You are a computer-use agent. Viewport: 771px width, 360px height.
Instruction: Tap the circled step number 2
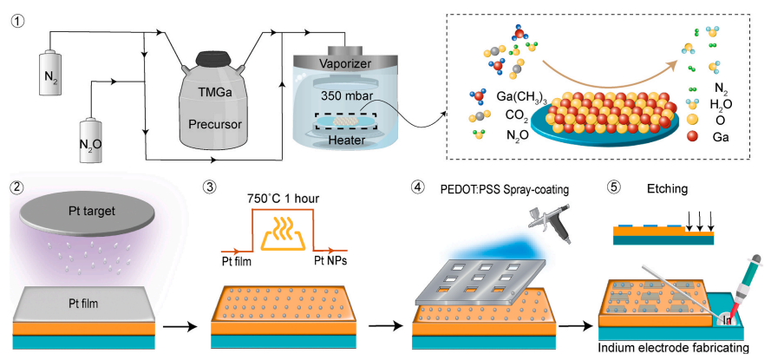14,185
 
